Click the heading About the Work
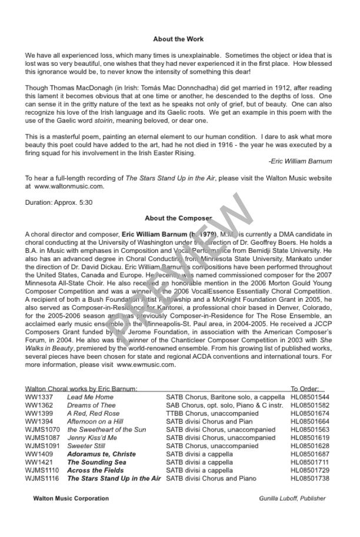pyautogui.click(x=178, y=39)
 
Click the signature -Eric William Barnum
pyautogui.click(x=299, y=161)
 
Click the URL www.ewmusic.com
pyautogui.click(x=146, y=364)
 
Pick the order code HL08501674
pyautogui.click(x=310, y=413)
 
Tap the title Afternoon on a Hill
pyautogui.click(x=95, y=422)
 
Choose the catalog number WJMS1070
pyautogui.click(x=42, y=430)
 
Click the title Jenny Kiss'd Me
pyautogui.click(x=92, y=438)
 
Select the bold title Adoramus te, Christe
pyautogui.click(x=101, y=455)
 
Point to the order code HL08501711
pyautogui.click(x=310, y=463)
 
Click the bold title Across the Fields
pyautogui.click(x=95, y=471)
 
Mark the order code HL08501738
pyautogui.click(x=310, y=479)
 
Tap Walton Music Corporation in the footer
pyautogui.click(x=71, y=499)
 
